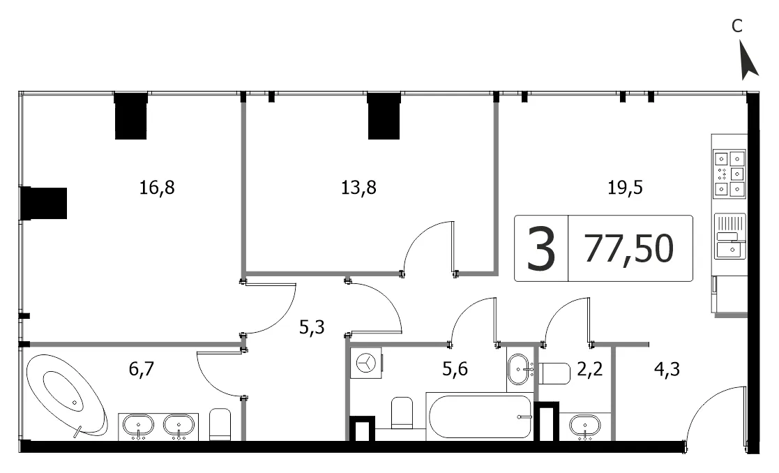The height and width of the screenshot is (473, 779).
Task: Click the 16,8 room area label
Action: [157, 188]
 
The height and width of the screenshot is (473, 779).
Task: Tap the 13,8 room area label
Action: [358, 188]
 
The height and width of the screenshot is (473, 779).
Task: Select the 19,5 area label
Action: [625, 188]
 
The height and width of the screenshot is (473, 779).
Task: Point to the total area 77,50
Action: [629, 248]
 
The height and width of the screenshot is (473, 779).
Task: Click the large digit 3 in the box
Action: [540, 248]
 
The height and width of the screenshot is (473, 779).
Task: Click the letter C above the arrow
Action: [736, 26]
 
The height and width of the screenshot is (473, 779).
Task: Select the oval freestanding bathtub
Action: [66, 396]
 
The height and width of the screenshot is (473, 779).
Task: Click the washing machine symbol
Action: [366, 363]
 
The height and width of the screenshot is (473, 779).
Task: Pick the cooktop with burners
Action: [729, 174]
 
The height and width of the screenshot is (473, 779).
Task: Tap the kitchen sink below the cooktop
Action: [729, 236]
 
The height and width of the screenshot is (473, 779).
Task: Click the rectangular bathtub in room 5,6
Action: [479, 416]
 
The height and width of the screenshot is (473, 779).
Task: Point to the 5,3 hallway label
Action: [312, 327]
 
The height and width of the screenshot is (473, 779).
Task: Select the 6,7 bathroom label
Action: [142, 369]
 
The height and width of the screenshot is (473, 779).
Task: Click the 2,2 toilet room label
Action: [590, 369]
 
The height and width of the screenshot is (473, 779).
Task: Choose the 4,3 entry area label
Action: [667, 369]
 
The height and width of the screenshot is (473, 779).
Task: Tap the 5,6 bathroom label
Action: [455, 369]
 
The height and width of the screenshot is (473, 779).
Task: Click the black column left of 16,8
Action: [44, 203]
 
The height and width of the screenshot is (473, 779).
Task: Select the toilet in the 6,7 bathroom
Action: [220, 424]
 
